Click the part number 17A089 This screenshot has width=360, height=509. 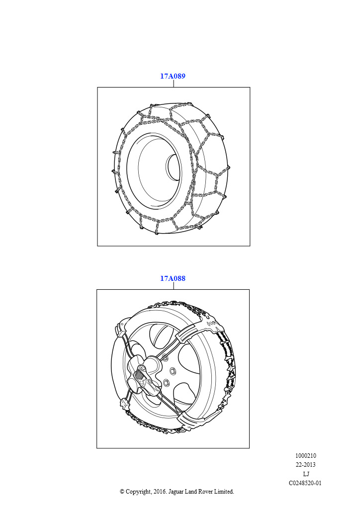coord(173,76)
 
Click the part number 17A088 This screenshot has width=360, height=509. coord(173,278)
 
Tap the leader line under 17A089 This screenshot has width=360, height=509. coord(174,84)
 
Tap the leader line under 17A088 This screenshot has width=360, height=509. coord(174,286)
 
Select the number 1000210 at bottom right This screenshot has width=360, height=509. coord(305,455)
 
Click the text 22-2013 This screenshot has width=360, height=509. coord(305,465)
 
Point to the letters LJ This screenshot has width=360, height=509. coord(306,474)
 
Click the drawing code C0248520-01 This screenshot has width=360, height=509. coord(305,483)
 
